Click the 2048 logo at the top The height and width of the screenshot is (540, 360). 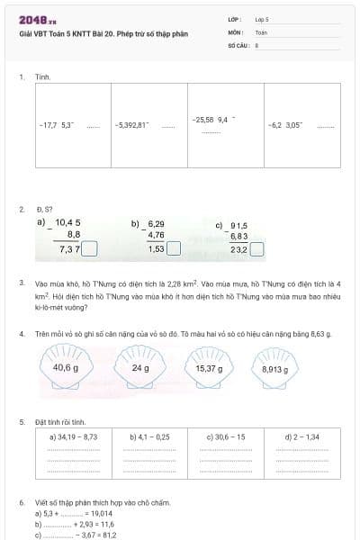[x=37, y=20]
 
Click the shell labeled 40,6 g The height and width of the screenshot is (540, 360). [x=67, y=368]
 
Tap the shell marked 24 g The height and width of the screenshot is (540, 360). [x=140, y=368]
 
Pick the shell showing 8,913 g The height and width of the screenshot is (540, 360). [x=276, y=369]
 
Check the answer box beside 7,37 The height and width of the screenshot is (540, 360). [x=90, y=249]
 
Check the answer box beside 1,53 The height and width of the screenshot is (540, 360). [x=175, y=249]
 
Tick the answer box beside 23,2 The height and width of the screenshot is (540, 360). [x=256, y=249]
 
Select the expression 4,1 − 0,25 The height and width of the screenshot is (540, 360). [x=150, y=436]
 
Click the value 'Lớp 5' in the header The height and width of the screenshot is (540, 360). [x=263, y=18]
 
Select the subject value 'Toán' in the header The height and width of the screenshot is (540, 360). [x=261, y=31]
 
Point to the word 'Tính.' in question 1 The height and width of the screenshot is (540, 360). [x=42, y=77]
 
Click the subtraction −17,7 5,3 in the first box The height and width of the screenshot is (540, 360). [x=56, y=126]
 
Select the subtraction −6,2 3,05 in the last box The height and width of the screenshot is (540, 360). [x=285, y=126]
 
